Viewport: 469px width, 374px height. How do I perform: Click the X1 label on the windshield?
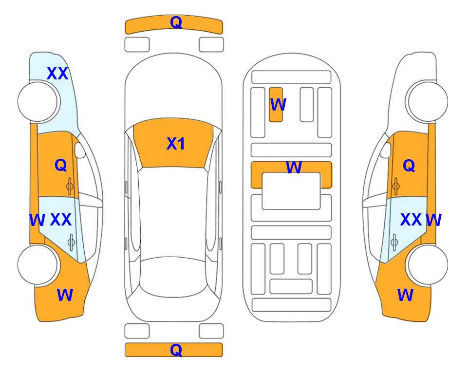click(x=176, y=144)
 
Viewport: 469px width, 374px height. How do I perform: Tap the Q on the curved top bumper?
click(x=176, y=22)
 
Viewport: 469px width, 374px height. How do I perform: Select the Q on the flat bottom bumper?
click(x=176, y=350)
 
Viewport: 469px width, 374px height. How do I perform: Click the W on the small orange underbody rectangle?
click(x=278, y=105)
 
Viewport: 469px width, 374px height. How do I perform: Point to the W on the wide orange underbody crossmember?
click(x=294, y=167)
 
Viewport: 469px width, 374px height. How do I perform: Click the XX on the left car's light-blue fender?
click(x=57, y=74)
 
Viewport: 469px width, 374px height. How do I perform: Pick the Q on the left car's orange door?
click(x=61, y=165)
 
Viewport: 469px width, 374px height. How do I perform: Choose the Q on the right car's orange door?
click(x=409, y=166)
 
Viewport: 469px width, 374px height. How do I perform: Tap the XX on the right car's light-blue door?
click(x=411, y=220)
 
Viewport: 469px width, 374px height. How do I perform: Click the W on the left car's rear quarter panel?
click(x=65, y=295)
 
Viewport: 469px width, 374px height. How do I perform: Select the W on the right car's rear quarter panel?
click(x=405, y=295)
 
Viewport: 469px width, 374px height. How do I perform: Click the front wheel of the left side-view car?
click(x=38, y=102)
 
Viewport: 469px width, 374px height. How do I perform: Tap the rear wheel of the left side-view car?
click(x=38, y=264)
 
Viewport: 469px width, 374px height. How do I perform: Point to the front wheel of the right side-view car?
click(x=427, y=102)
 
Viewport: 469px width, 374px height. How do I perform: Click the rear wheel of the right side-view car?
click(x=427, y=264)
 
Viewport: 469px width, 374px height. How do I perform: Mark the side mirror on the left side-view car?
click(x=79, y=150)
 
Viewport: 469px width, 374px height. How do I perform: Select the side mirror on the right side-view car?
click(x=386, y=150)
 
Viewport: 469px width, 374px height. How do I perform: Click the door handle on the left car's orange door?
click(x=70, y=187)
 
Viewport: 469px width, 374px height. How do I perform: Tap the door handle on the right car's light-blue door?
click(x=394, y=242)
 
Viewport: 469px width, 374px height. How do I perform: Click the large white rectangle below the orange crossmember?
click(x=291, y=191)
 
